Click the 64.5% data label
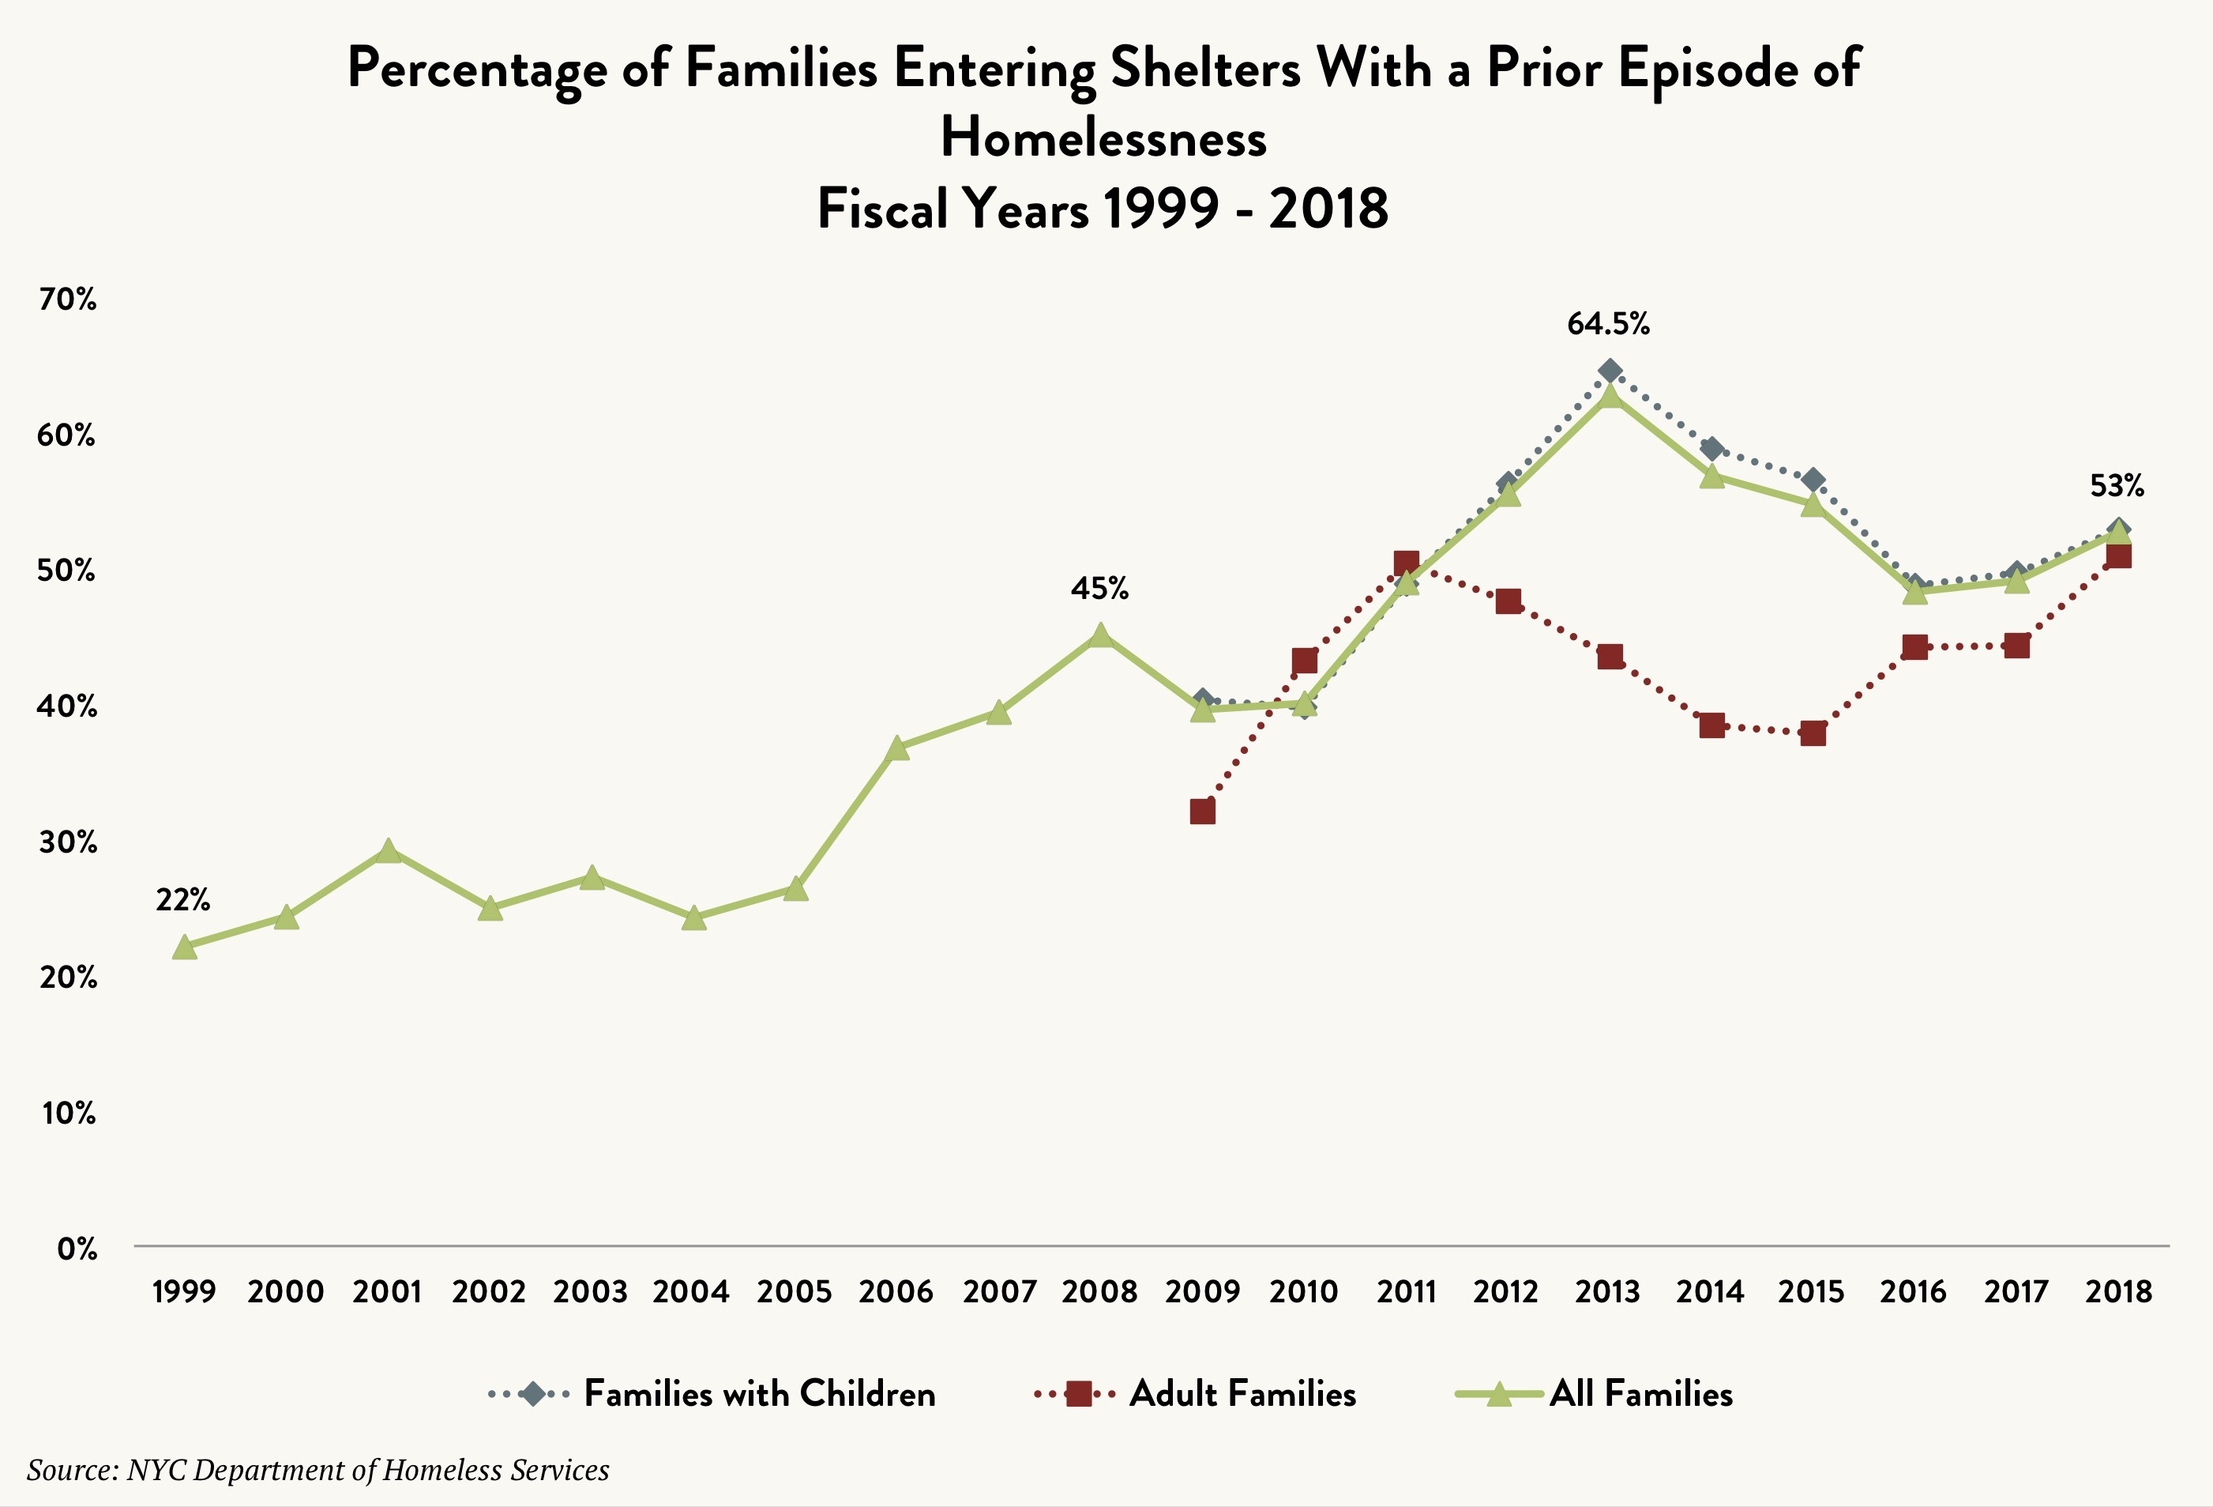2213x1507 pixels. click(x=1608, y=325)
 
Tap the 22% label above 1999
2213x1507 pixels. click(x=182, y=899)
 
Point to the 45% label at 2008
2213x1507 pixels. click(x=1100, y=589)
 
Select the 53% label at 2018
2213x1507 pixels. click(x=2117, y=487)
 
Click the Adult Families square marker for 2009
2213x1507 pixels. click(x=1203, y=812)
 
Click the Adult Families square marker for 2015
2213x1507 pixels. click(x=1813, y=733)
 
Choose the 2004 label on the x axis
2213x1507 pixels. click(x=691, y=1293)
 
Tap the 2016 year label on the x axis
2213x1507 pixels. click(x=1914, y=1293)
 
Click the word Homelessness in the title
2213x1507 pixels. click(x=1103, y=138)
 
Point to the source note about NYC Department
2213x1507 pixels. click(x=318, y=1470)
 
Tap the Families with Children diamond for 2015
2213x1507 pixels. click(x=1813, y=479)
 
